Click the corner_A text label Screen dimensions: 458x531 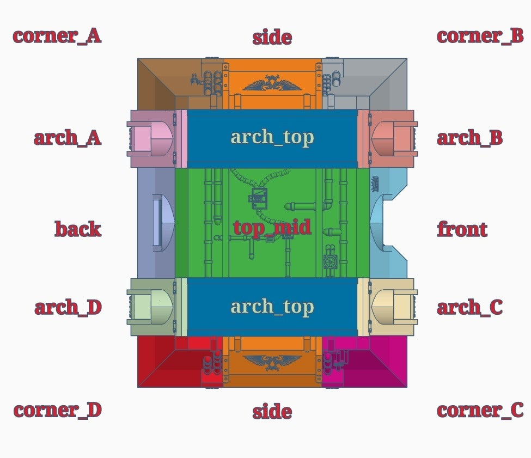click(57, 36)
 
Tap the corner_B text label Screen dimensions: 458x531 click(480, 36)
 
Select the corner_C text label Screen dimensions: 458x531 click(480, 410)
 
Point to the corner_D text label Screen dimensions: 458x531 click(57, 410)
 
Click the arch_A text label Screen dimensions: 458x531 click(68, 138)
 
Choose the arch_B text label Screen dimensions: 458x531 click(469, 138)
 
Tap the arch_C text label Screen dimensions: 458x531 click(469, 308)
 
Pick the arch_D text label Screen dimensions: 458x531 click(68, 308)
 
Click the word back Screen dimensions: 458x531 click(78, 229)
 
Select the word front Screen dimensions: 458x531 click(462, 229)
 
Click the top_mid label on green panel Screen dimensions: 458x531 click(272, 227)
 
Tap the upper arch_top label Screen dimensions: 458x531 click(272, 137)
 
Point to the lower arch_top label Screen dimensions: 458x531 click(272, 307)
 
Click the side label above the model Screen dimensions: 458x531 click(272, 38)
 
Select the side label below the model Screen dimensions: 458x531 click(272, 412)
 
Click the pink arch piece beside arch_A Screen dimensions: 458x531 click(150, 139)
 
